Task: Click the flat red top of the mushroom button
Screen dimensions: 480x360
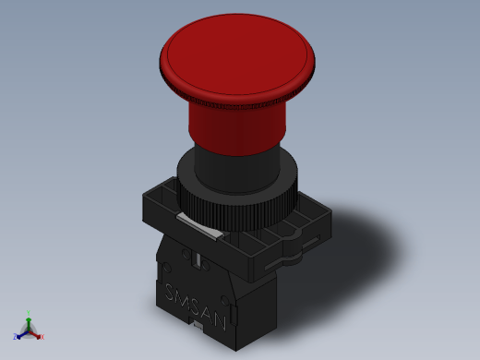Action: tap(237, 54)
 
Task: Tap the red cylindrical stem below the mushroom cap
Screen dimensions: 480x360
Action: tap(237, 129)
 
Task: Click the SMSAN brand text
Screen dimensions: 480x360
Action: tap(196, 306)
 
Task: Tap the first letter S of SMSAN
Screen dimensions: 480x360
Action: tap(170, 292)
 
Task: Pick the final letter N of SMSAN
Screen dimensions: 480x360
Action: tap(220, 321)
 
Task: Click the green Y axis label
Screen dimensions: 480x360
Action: tap(29, 313)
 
